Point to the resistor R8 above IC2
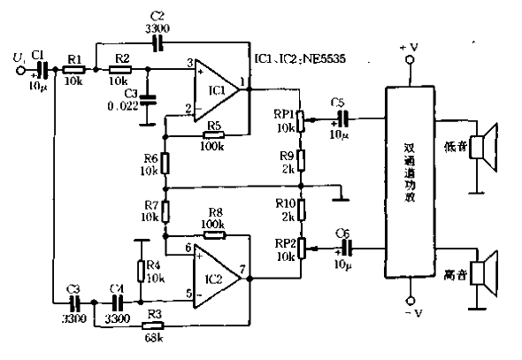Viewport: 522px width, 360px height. tap(213, 236)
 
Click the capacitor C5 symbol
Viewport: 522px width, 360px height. tap(342, 117)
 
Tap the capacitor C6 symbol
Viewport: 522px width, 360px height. tap(342, 248)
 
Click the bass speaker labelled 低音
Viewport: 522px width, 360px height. tap(483, 145)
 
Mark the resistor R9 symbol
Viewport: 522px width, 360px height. tap(301, 160)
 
